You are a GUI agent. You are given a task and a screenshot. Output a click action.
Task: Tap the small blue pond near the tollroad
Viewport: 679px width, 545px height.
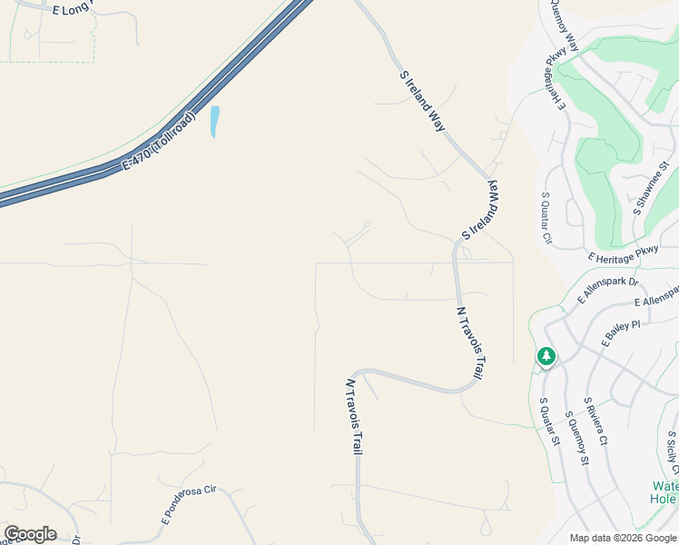tap(214, 122)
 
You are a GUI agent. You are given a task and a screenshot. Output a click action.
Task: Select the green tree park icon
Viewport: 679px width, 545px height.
tap(546, 357)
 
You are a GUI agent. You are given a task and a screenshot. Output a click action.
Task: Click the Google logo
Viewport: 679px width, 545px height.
tap(30, 534)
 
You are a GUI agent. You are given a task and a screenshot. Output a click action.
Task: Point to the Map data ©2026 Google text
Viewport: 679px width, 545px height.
tap(623, 538)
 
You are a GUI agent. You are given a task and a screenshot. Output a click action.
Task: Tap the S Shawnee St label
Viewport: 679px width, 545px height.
tap(651, 188)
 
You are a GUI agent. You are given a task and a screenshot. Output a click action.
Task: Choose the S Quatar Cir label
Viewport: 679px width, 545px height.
tap(546, 219)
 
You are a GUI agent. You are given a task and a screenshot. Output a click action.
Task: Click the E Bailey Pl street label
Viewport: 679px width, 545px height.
tap(621, 333)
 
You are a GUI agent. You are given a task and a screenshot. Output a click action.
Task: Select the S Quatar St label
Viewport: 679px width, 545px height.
tap(549, 421)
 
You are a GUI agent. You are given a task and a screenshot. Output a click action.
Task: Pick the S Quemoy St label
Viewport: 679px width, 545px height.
tap(577, 438)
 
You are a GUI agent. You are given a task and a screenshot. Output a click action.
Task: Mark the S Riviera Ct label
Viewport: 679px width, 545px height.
tap(595, 423)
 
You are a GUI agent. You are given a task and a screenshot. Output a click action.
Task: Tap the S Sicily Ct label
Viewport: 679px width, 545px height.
tap(672, 453)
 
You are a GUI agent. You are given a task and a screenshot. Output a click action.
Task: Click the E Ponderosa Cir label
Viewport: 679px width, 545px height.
tap(189, 504)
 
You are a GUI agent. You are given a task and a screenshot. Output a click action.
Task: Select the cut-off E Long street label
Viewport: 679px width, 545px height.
tap(74, 10)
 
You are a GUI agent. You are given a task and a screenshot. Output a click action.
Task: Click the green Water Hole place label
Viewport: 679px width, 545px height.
tap(664, 492)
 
